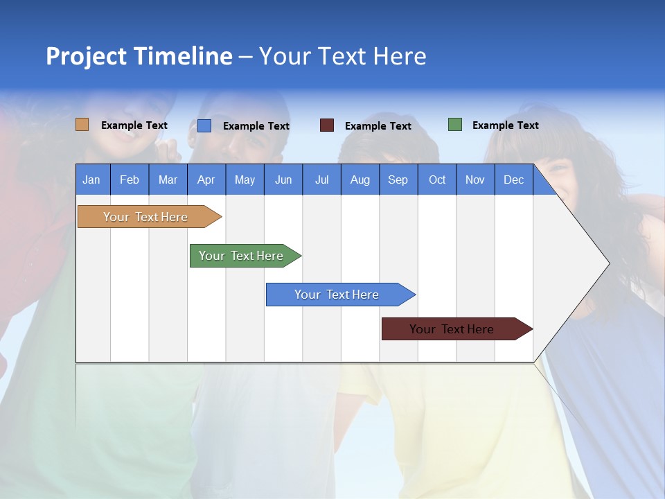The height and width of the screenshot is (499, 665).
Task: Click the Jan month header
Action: click(91, 180)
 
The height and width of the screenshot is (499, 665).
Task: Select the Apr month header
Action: click(206, 180)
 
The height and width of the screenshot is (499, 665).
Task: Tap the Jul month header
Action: click(321, 180)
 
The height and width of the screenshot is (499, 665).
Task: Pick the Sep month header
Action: click(398, 180)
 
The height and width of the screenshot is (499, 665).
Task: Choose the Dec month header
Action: click(513, 180)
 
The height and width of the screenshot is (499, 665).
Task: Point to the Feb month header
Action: click(130, 180)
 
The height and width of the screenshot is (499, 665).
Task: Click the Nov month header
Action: click(475, 180)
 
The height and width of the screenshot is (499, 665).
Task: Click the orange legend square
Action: click(82, 125)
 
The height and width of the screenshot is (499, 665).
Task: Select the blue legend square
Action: click(204, 125)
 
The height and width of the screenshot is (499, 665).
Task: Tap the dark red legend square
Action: click(327, 125)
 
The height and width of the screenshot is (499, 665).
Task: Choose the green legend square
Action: click(455, 125)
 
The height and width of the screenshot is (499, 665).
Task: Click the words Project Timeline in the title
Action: click(139, 56)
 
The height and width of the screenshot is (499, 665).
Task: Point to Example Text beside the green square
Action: click(505, 125)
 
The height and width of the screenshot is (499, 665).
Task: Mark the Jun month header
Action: click(283, 180)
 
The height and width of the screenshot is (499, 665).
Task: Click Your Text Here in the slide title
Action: click(342, 56)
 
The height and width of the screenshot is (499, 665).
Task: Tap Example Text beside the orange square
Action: click(134, 125)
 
